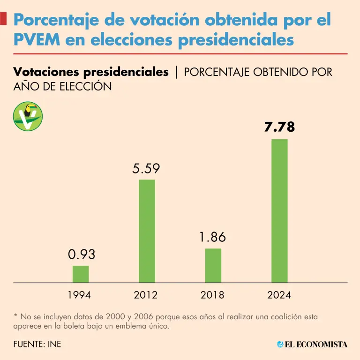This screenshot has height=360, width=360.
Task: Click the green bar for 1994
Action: coord(81,274)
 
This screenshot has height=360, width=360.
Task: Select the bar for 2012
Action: coord(147,231)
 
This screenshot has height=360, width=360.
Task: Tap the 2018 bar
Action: coord(213,265)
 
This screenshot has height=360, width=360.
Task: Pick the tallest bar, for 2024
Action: coord(280,211)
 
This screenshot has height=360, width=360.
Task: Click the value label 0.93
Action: coord(82,255)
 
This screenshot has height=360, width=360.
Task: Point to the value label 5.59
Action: coord(146,168)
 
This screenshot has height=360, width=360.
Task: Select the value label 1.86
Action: coord(212,237)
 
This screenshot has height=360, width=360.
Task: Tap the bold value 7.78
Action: coord(279,127)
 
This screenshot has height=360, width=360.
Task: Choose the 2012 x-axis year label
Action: coord(146,295)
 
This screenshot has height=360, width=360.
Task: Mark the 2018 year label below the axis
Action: coord(212,295)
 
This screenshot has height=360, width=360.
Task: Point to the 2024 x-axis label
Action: coord(279,295)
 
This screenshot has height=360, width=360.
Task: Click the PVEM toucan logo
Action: coord(28,116)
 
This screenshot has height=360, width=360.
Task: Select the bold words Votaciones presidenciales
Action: coord(91,72)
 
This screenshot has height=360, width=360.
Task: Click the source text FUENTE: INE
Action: coord(37,345)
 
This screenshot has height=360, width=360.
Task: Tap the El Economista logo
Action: coord(312,345)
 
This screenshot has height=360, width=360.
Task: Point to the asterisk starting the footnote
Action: coord(15,316)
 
